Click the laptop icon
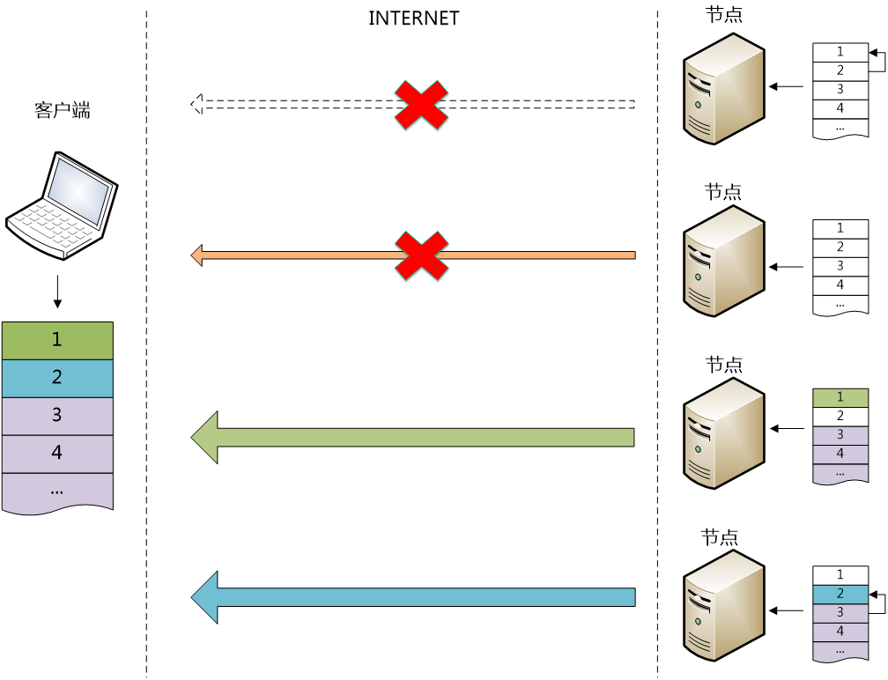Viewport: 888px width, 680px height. click(x=62, y=206)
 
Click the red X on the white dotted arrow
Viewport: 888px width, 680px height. click(x=421, y=105)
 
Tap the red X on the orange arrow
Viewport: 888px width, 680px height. click(x=421, y=255)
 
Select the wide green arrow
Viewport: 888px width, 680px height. click(x=414, y=437)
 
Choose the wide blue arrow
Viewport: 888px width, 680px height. click(x=414, y=597)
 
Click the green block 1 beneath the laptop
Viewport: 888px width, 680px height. click(x=57, y=341)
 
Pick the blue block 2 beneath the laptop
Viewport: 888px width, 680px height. click(x=57, y=378)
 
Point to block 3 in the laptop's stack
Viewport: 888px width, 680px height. click(x=57, y=416)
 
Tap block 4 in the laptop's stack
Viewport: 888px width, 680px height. click(x=57, y=454)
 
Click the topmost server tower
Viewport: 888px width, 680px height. click(x=723, y=89)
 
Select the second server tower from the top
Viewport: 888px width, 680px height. click(x=723, y=261)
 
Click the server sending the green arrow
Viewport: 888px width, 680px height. click(x=723, y=432)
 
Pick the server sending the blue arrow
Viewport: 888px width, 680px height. click(x=723, y=605)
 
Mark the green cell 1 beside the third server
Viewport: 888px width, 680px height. click(x=840, y=398)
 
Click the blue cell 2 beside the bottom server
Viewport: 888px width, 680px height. click(x=840, y=595)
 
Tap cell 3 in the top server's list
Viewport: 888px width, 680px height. click(x=840, y=90)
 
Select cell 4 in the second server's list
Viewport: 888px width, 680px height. click(x=840, y=285)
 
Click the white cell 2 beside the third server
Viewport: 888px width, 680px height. click(x=840, y=417)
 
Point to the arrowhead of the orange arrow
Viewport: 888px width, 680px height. click(x=197, y=255)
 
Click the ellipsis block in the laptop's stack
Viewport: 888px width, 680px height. click(x=57, y=492)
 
